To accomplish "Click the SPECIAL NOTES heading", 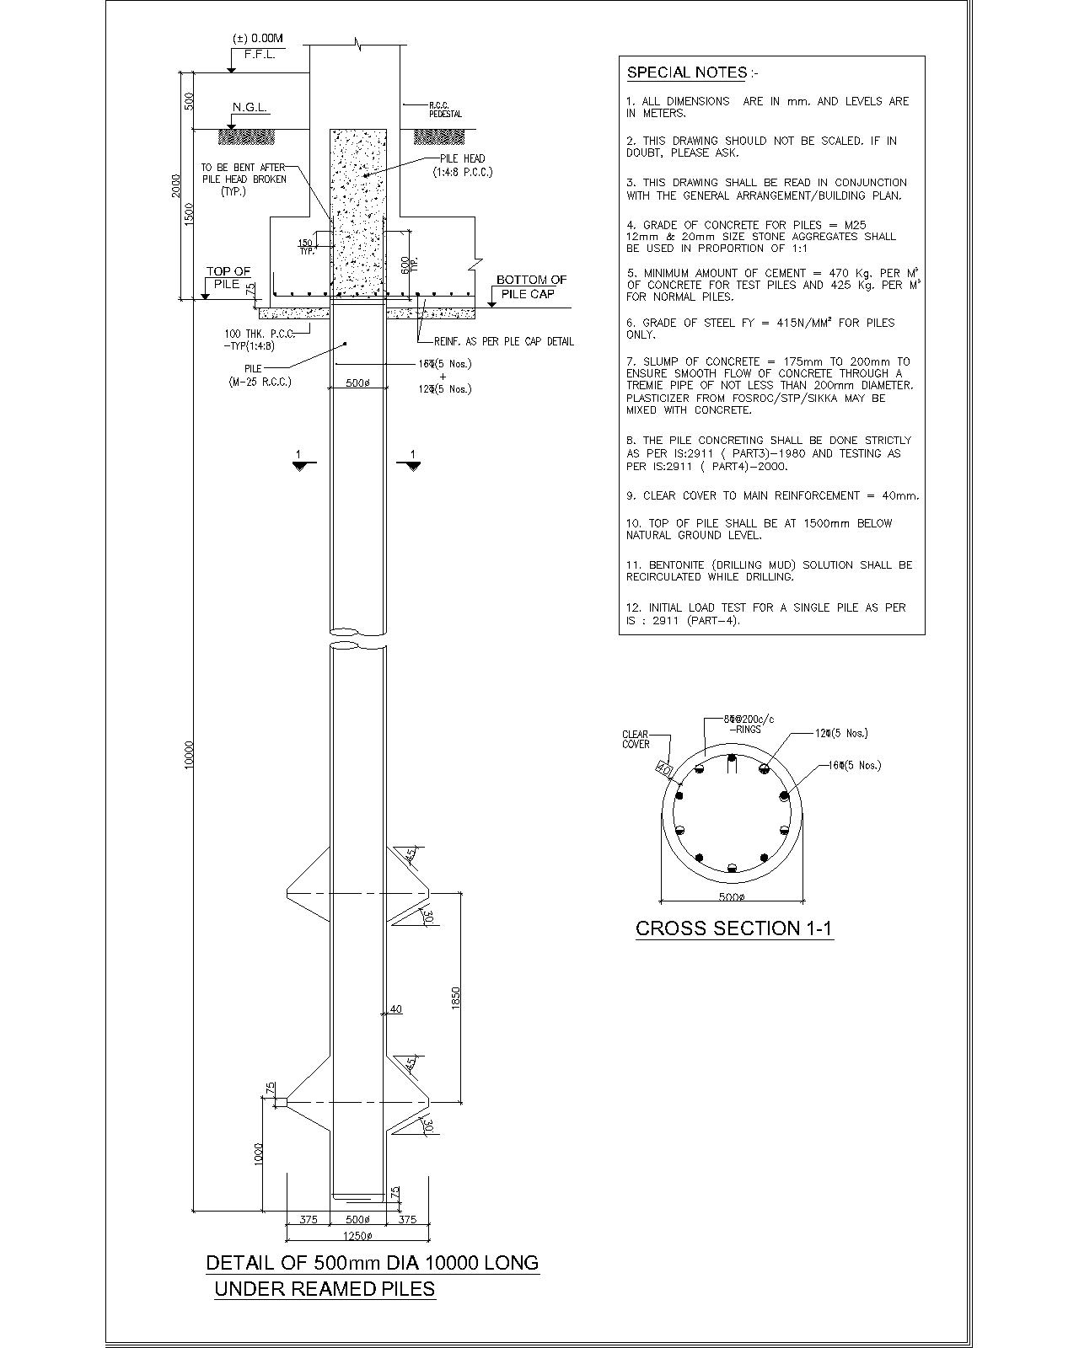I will tap(687, 72).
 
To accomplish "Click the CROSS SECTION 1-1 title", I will tap(733, 928).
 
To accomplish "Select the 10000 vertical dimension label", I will tap(190, 754).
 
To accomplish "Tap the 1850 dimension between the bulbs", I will tap(456, 998).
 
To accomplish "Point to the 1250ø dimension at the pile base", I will tap(357, 1236).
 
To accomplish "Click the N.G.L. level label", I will tap(250, 108).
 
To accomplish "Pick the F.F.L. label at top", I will tap(260, 55).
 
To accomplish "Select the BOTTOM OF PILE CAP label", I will tap(531, 286).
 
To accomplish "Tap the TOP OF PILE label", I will tap(228, 278).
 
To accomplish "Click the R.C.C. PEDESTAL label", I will tap(445, 110).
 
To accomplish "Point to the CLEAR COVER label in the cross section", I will tap(636, 740).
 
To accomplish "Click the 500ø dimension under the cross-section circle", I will tap(731, 898).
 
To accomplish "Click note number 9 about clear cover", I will tap(772, 495).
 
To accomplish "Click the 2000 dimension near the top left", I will tap(175, 185).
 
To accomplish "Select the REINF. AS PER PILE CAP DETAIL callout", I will tap(503, 341).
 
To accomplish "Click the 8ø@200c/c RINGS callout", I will tap(749, 724).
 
